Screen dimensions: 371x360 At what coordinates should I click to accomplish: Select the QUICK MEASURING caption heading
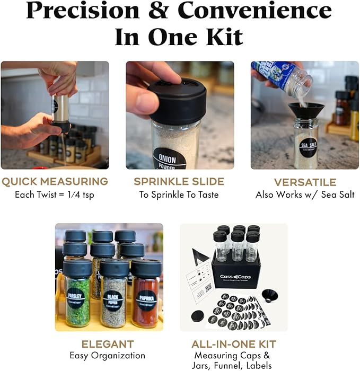(55, 182)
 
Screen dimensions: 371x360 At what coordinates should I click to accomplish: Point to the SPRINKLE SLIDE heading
(179, 182)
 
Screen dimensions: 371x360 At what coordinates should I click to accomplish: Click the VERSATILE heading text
(305, 182)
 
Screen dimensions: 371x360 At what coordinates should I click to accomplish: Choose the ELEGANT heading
(107, 344)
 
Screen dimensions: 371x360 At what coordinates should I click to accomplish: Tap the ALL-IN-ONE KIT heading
(233, 344)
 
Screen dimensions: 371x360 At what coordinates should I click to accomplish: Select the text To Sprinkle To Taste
(179, 195)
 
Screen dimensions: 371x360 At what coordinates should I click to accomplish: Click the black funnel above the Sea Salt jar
(306, 110)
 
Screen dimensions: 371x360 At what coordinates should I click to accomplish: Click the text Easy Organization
(107, 355)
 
